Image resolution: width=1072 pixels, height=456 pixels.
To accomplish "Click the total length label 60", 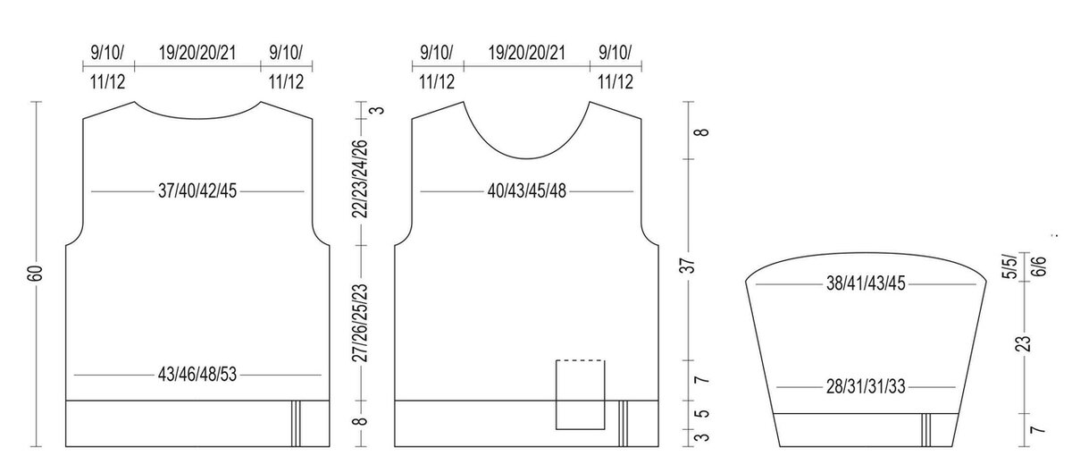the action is [x=38, y=274].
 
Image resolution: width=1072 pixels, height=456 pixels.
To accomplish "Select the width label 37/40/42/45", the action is [x=197, y=191].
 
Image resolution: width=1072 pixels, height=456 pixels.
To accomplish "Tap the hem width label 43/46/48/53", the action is [x=197, y=375].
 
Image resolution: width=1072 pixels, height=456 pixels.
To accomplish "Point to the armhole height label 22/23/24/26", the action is [x=360, y=179].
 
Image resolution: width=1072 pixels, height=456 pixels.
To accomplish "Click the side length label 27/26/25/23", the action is [x=360, y=323].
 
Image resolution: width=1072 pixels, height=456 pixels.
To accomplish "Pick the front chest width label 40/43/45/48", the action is [x=526, y=191].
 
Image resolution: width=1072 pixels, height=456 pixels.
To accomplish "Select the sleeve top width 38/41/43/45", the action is [x=866, y=283].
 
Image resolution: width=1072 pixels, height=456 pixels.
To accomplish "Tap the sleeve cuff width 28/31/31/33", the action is [x=866, y=386].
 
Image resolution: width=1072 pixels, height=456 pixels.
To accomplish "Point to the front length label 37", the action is [x=688, y=266].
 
